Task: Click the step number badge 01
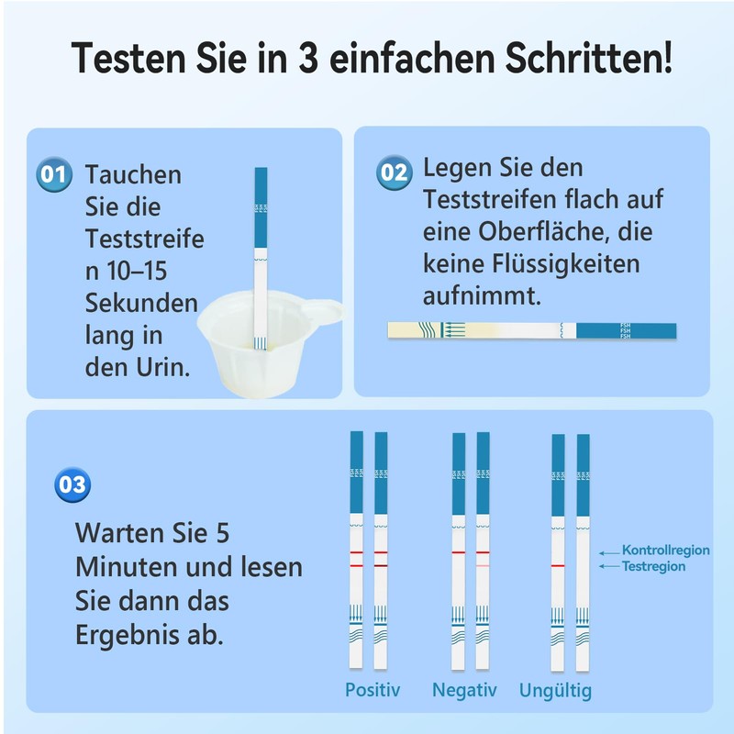click(54, 174)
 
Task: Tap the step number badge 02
click(394, 172)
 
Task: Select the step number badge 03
click(72, 484)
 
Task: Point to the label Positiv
click(373, 690)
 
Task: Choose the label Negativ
click(464, 690)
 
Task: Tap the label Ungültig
click(555, 690)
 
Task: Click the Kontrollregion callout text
click(665, 550)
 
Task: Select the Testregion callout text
click(653, 567)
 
